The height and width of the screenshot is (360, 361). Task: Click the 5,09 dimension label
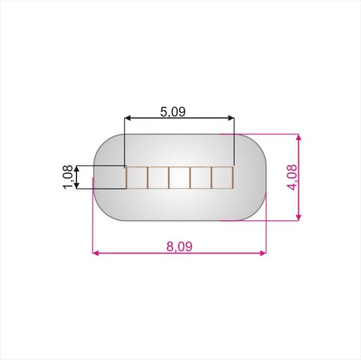pos(173,112)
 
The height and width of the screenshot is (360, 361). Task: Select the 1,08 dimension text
pos(68,177)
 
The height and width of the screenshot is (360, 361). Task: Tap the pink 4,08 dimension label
pos(292,177)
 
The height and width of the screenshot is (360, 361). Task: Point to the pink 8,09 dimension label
pos(179,246)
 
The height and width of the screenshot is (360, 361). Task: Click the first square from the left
pos(137,177)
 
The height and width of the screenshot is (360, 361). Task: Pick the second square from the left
pos(158,177)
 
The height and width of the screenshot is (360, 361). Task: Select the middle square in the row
pos(179,177)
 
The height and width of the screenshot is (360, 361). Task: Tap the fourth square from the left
pos(201,177)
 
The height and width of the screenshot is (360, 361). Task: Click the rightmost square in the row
pos(222,177)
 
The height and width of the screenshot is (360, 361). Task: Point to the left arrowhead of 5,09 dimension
pos(128,118)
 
